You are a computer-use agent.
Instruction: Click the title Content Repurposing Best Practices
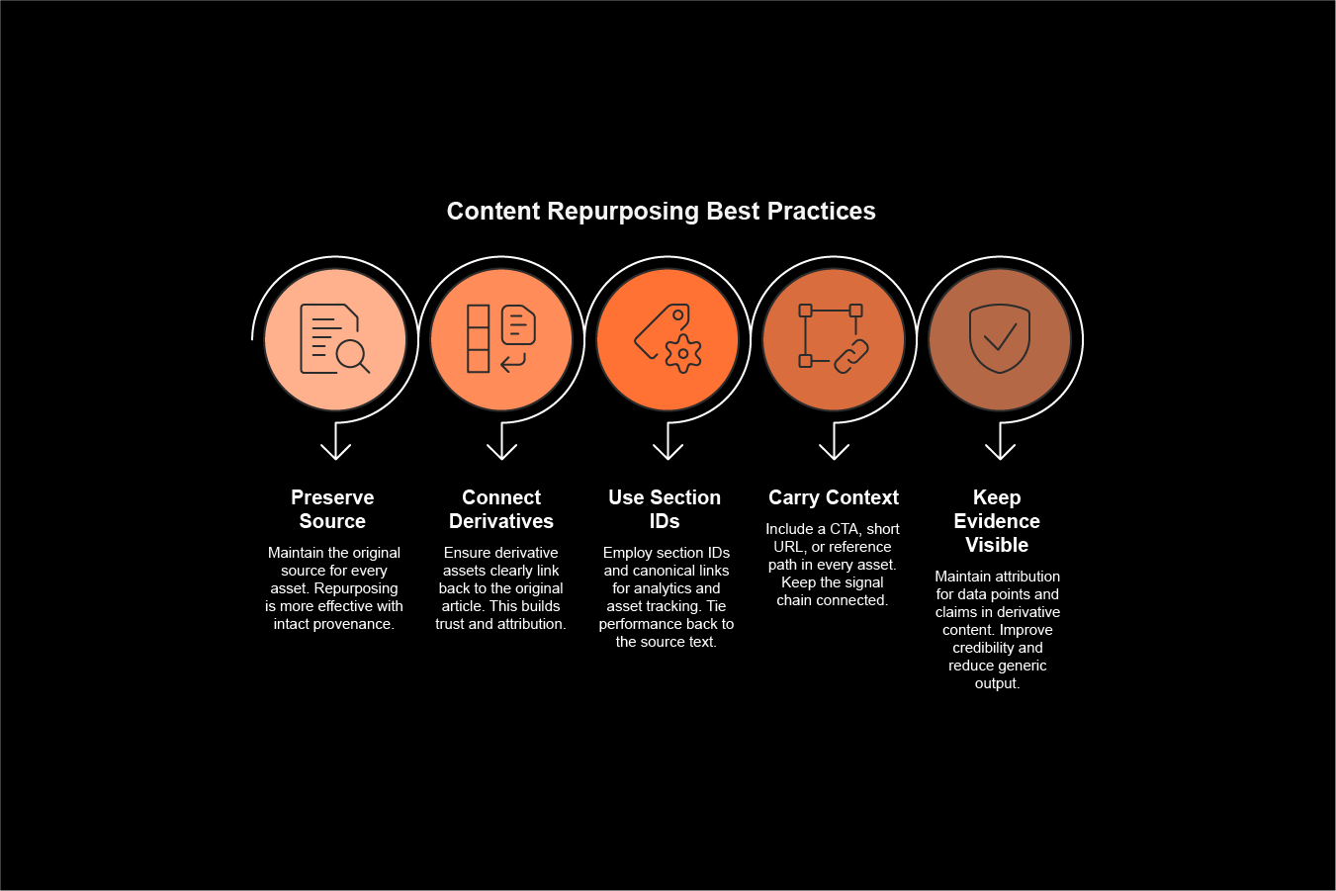(661, 211)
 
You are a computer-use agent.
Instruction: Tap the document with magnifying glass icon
(334, 339)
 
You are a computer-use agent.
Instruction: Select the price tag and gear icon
(668, 339)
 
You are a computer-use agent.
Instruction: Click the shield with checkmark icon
(1000, 339)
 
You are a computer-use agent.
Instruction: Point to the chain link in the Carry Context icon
(851, 356)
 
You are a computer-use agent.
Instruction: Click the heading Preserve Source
(332, 509)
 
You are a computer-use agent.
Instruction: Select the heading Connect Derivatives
(501, 509)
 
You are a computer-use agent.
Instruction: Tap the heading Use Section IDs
(665, 509)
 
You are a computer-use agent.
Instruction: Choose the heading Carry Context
(834, 497)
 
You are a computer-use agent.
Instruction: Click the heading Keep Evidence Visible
(997, 521)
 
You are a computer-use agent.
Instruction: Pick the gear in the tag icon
(683, 353)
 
